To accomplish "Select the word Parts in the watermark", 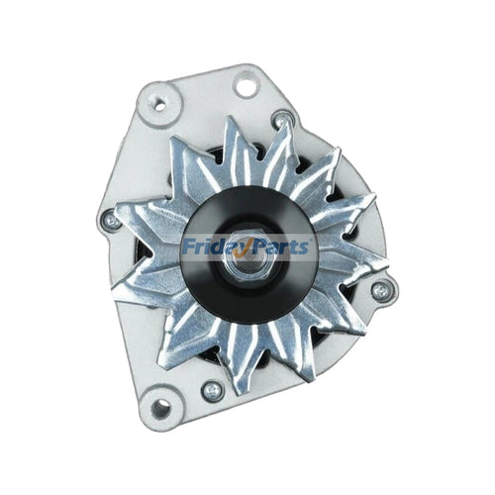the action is (281, 247).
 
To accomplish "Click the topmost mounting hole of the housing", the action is (247, 85).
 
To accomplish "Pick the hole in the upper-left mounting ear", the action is (159, 105).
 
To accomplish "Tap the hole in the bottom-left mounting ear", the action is (160, 409).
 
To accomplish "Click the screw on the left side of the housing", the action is (112, 221).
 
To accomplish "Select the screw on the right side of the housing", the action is (381, 291).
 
